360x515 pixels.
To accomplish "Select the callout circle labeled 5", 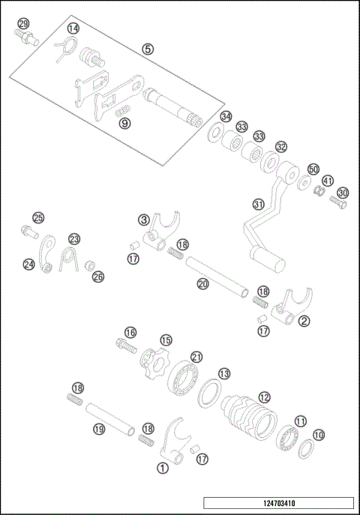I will point(148,49).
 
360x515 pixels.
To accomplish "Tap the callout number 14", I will point(73,28).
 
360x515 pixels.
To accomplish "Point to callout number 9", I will point(124,122).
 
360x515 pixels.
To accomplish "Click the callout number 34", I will point(225,117).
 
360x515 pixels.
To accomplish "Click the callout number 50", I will point(313,169).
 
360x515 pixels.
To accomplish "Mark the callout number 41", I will point(328,181).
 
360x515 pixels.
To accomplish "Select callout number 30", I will point(343,193).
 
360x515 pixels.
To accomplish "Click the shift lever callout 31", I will point(258,204).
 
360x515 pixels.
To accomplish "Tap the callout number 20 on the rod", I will point(202,284).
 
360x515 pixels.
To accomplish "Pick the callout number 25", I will point(38,218).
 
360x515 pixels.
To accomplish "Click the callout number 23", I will point(74,238).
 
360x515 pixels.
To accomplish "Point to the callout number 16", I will point(130,332).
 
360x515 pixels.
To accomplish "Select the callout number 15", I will point(166,340).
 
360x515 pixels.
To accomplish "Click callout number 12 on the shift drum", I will point(263,397).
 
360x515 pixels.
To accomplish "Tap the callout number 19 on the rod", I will point(98,430).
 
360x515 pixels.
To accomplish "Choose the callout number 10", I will point(318,434).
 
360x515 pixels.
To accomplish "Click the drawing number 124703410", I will point(277,502).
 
